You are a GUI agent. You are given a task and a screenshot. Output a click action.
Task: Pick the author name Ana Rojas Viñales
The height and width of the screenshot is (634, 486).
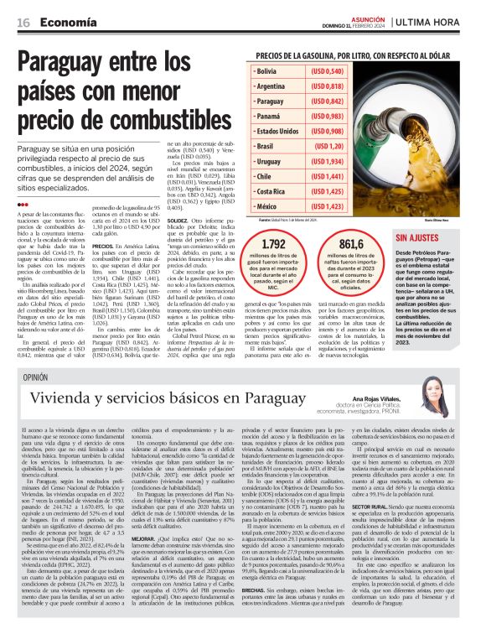click(x=392, y=401)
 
